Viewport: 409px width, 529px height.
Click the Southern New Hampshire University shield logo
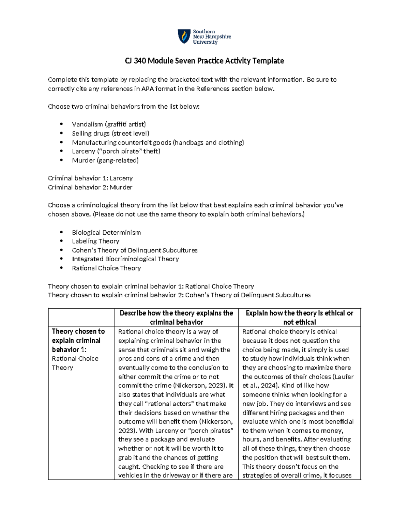[x=184, y=36]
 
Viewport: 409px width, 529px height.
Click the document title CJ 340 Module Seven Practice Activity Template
[x=204, y=61]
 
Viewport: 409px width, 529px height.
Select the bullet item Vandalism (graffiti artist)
[x=109, y=124]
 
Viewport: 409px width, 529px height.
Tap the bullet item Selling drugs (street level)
[x=110, y=134]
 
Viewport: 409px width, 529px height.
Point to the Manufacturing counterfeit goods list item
[x=158, y=142]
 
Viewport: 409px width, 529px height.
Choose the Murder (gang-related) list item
[x=105, y=160]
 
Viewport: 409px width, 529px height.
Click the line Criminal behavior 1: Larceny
[x=90, y=178]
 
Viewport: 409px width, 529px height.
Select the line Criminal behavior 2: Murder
[x=90, y=187]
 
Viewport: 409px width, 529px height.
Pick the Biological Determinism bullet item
[x=106, y=233]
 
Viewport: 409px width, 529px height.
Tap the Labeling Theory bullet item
[x=95, y=241]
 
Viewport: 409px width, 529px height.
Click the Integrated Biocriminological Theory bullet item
[x=125, y=259]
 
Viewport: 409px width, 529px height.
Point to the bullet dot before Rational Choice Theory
[x=61, y=268]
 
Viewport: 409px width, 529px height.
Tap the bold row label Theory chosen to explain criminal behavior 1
[x=78, y=340]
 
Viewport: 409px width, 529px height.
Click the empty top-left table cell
[x=81, y=317]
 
